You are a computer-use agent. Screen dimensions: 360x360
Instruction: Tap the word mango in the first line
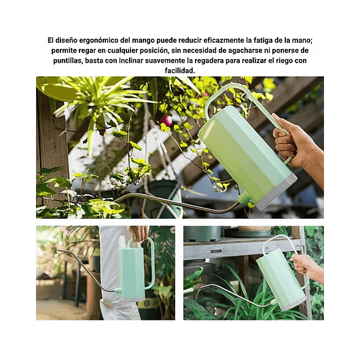point(161,41)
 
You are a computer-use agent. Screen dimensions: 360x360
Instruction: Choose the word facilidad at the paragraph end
point(179,70)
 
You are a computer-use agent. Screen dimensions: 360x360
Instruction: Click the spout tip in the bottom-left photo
point(60,251)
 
